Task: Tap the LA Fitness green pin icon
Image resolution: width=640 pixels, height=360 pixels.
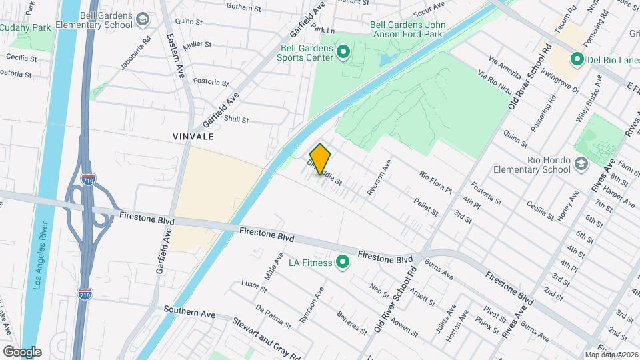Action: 343,263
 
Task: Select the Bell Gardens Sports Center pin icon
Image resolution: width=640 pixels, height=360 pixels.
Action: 343,51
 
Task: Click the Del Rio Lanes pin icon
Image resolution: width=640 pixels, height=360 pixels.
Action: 577,60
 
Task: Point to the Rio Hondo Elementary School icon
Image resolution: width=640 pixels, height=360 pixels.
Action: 582,163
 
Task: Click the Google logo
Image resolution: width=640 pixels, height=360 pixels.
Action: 21,351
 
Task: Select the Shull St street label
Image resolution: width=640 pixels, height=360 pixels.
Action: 236,120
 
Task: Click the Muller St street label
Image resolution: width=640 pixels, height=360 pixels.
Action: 197,45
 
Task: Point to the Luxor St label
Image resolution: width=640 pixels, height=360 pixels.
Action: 254,287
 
